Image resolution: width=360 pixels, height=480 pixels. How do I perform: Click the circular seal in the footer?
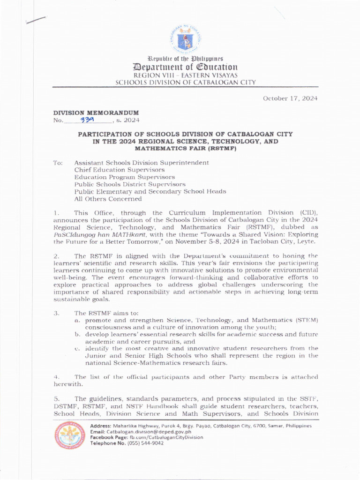tap(70, 435)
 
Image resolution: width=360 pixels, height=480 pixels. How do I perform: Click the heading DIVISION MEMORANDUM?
tap(96, 113)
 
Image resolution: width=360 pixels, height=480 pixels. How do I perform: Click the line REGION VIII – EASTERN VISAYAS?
tap(186, 75)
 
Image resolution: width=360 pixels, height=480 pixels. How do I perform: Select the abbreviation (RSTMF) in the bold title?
tap(222, 148)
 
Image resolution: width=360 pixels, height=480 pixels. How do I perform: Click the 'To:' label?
tap(58, 163)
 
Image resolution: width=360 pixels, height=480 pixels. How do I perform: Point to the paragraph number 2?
tap(56, 256)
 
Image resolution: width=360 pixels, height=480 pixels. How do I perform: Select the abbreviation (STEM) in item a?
tap(307, 320)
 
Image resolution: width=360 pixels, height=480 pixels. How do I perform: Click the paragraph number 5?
tap(56, 398)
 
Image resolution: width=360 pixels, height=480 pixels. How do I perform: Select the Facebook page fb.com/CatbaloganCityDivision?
tap(163, 437)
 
